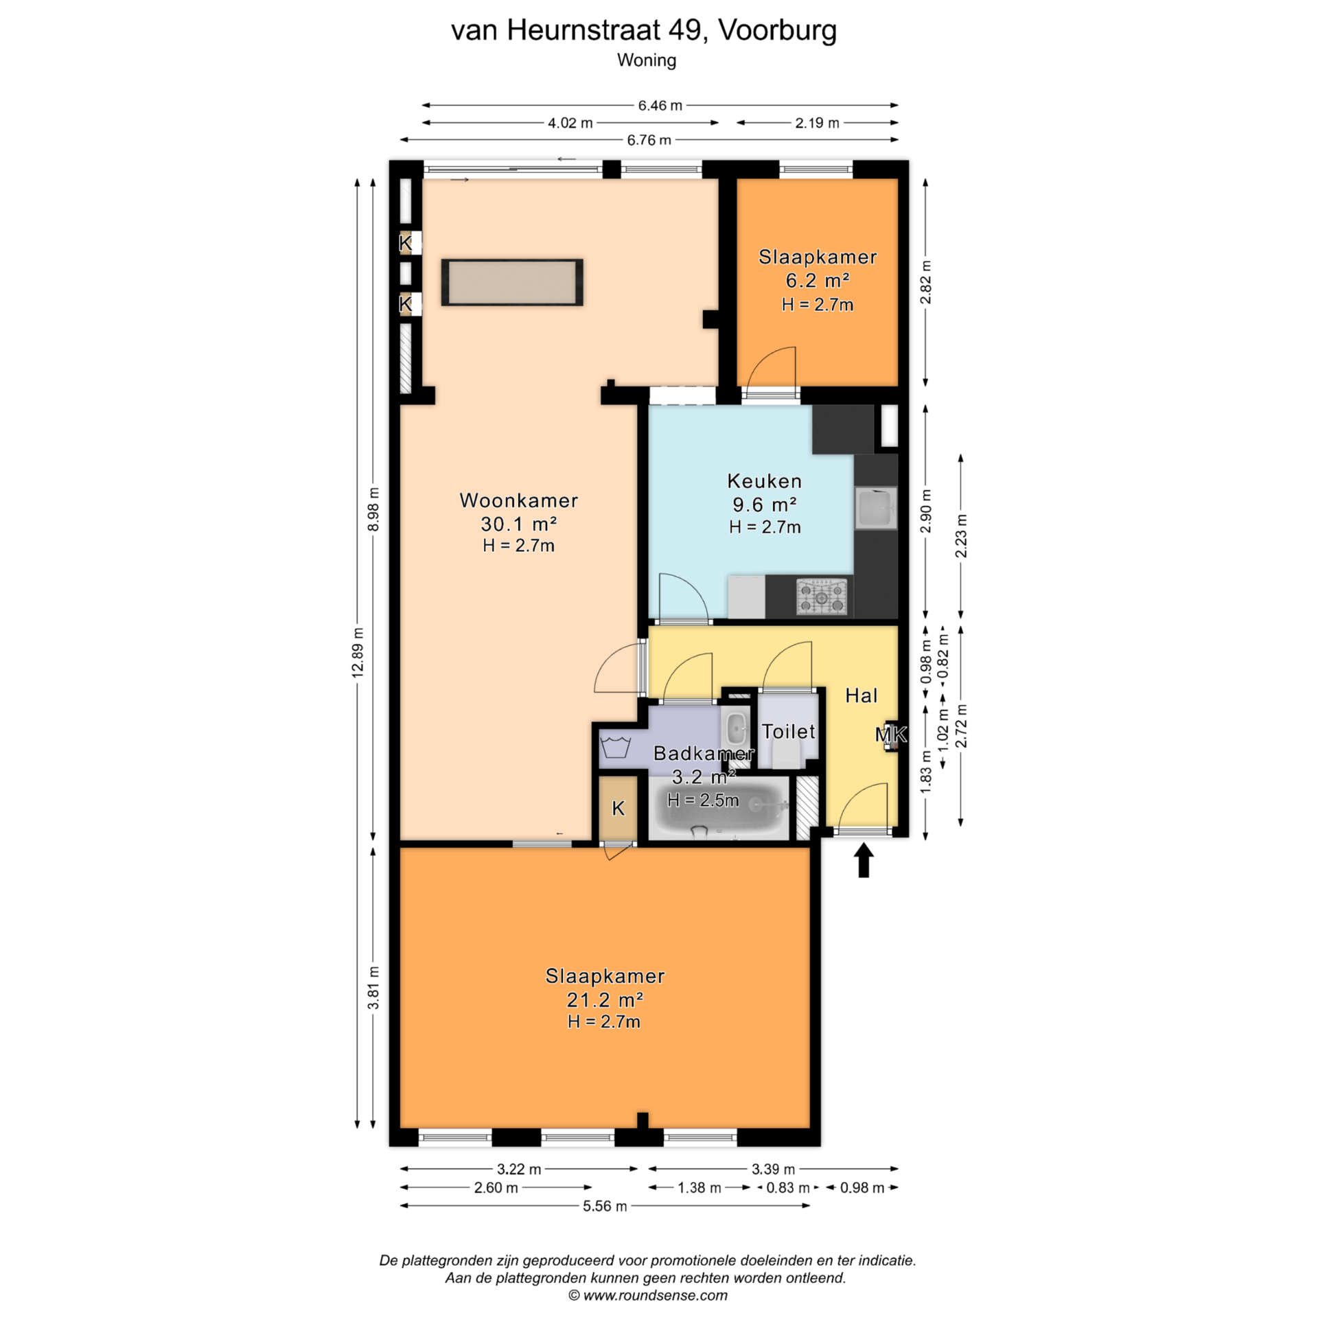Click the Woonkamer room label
518,500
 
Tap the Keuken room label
764,481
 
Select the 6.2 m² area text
817,281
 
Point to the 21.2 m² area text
604,999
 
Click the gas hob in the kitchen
822,597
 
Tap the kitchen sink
876,508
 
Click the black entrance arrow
864,860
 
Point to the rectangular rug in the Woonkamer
512,282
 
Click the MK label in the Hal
890,735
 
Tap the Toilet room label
788,732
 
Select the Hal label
861,696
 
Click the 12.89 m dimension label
357,653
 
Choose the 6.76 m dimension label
649,140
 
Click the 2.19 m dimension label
817,123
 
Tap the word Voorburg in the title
777,30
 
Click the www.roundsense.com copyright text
647,1295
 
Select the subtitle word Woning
647,60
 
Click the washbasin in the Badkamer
736,728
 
